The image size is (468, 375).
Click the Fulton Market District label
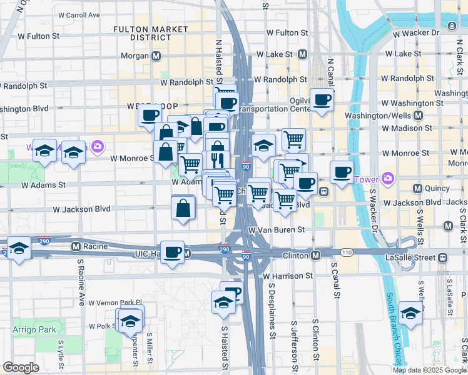coord(150,33)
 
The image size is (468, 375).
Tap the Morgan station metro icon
coord(156,56)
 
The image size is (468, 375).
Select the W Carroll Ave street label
coord(78,14)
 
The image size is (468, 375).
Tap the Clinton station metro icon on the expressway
coord(317,255)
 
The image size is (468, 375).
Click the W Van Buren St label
coord(276,230)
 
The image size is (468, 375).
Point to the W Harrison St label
coord(288,276)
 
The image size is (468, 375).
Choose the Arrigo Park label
coord(34,329)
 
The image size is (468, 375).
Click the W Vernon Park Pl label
coord(116,302)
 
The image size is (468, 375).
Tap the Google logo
coord(21,367)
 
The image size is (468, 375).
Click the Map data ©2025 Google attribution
coord(429,370)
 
